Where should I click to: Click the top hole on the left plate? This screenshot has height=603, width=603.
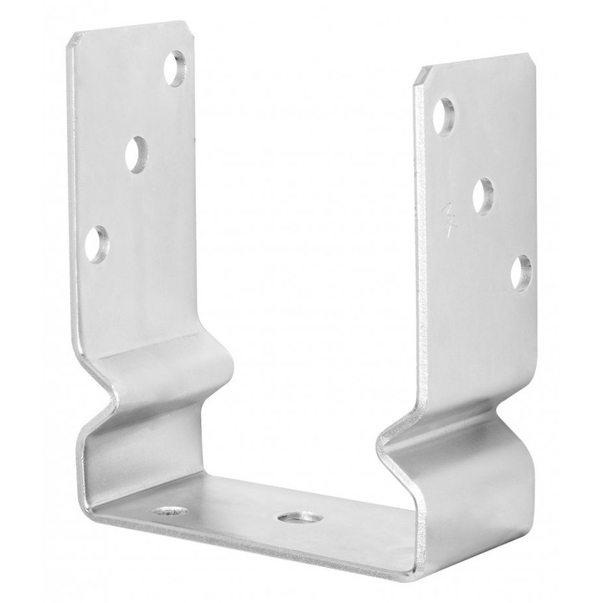177,70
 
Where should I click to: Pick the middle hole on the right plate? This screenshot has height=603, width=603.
483,194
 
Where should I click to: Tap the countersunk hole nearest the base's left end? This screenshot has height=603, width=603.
166,512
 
